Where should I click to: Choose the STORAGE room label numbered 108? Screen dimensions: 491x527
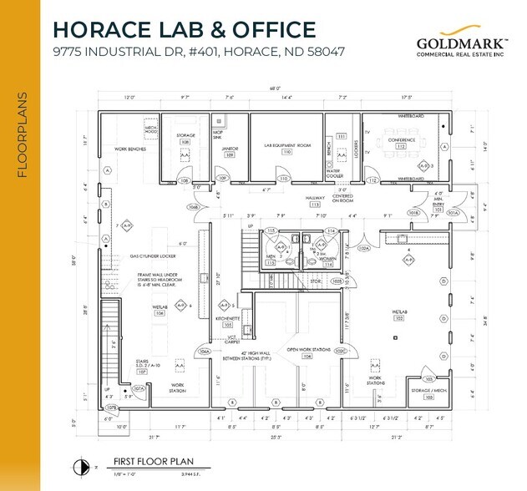pos(185,135)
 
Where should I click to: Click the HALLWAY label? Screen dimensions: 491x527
pos(316,198)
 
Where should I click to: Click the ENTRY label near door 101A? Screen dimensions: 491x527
pos(437,203)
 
